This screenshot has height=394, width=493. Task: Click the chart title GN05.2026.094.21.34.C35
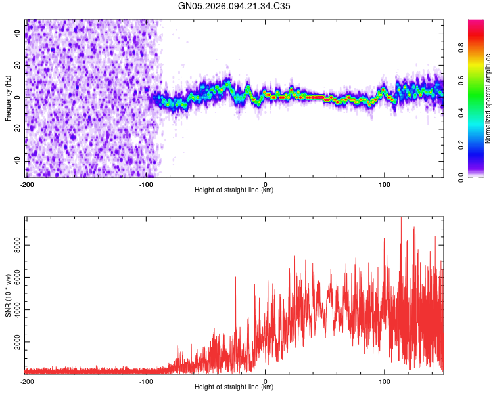[235, 6]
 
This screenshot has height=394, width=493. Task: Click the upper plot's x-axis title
[234, 190]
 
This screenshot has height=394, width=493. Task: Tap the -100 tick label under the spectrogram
[145, 183]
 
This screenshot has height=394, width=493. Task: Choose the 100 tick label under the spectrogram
[385, 183]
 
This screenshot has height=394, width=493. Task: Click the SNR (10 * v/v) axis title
[8, 294]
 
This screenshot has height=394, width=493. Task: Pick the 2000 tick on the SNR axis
[14, 343]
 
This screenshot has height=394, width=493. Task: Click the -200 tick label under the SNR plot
[26, 381]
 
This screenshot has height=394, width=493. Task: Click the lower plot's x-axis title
[234, 388]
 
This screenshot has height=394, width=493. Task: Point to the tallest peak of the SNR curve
[401, 219]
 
